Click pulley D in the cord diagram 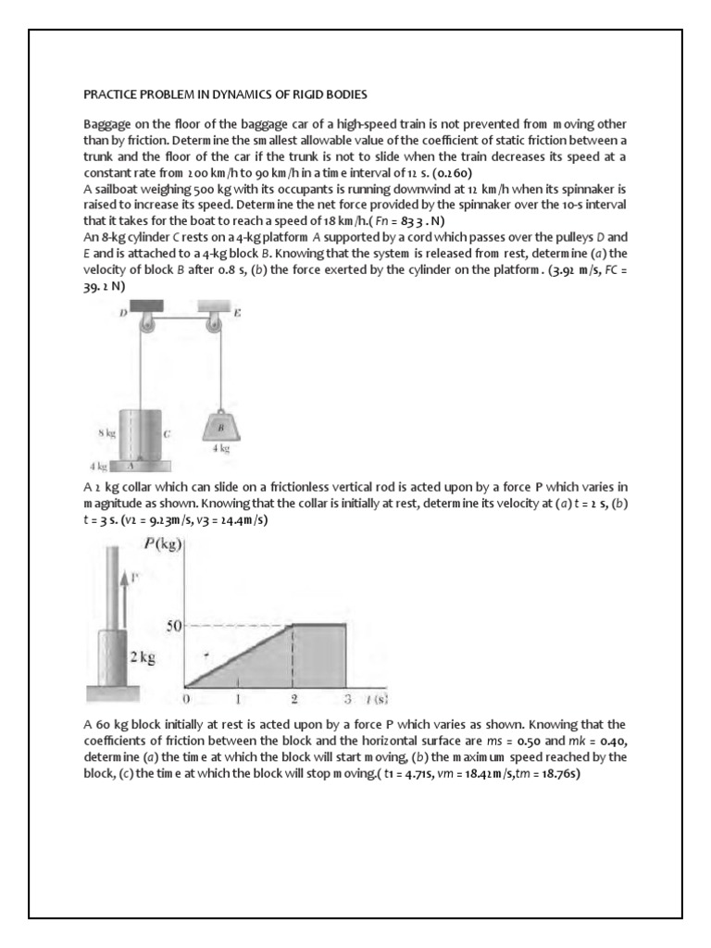pos(146,323)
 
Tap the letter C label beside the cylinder pos(167,431)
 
